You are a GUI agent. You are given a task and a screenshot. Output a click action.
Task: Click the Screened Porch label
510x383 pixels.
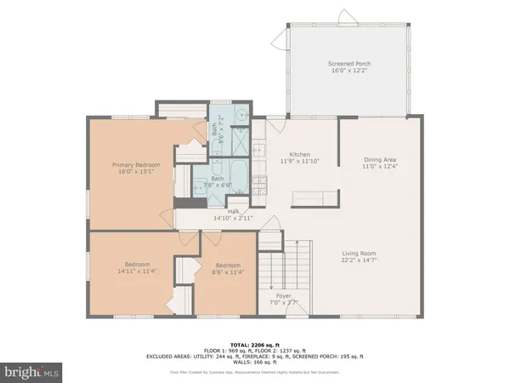coord(349,65)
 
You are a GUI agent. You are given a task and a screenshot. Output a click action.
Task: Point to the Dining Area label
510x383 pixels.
coord(380,159)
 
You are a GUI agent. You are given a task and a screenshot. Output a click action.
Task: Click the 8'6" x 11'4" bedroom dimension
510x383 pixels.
coord(228,272)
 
